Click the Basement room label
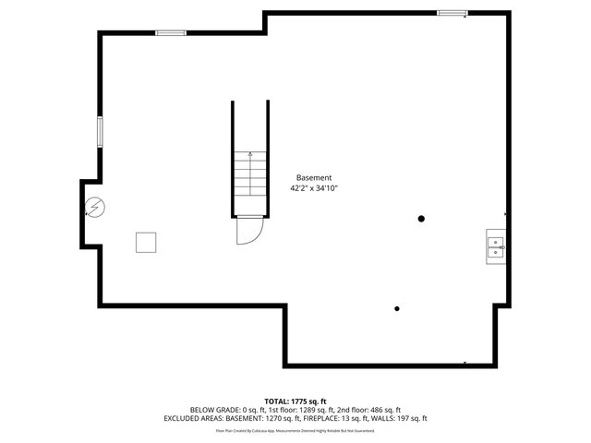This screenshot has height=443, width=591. (x=314, y=177)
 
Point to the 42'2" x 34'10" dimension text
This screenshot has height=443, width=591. (x=314, y=188)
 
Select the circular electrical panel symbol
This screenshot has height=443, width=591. (x=95, y=210)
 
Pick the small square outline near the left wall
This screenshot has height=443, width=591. (x=146, y=242)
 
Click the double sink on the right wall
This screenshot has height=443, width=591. (x=496, y=245)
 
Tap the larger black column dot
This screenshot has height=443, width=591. (x=421, y=219)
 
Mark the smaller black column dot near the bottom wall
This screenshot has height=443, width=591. (x=397, y=309)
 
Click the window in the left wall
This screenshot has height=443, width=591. (x=101, y=131)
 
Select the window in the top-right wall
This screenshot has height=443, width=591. (x=452, y=13)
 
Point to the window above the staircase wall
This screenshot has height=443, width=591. (x=170, y=33)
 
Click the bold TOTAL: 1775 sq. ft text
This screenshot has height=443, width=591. (x=295, y=401)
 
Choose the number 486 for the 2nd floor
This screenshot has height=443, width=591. (x=374, y=410)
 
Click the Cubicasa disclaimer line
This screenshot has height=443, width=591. (x=295, y=430)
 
